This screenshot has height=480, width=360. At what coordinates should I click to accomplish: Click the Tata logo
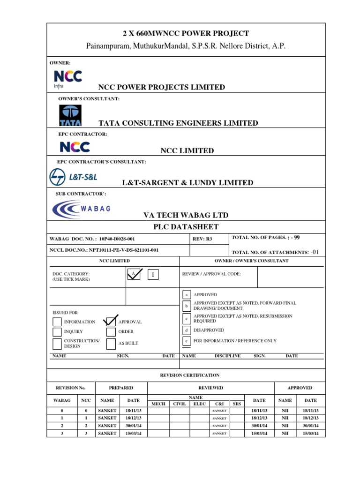(x=70, y=115)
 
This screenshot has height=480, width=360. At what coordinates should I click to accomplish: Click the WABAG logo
(x=82, y=209)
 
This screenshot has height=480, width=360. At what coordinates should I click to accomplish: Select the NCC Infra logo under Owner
(x=67, y=80)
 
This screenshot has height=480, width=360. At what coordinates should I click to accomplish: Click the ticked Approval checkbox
(x=111, y=322)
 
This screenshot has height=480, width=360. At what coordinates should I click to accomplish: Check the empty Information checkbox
(x=57, y=322)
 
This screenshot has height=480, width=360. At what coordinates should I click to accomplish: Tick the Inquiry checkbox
(x=57, y=332)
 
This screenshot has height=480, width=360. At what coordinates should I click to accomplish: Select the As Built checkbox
(x=111, y=344)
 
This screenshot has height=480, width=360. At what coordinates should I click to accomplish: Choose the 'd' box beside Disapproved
(x=187, y=330)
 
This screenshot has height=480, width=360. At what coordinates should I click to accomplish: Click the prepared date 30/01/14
(x=134, y=426)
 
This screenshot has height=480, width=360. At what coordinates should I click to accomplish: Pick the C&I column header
(x=219, y=404)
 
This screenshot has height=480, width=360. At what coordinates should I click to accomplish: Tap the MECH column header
(x=158, y=404)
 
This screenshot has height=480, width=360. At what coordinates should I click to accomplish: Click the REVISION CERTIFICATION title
(x=189, y=375)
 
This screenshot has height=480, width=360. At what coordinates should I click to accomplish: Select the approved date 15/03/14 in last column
(x=311, y=434)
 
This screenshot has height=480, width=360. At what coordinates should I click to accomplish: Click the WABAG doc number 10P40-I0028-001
(x=117, y=239)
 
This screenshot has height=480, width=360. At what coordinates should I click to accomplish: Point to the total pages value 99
(x=296, y=238)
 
